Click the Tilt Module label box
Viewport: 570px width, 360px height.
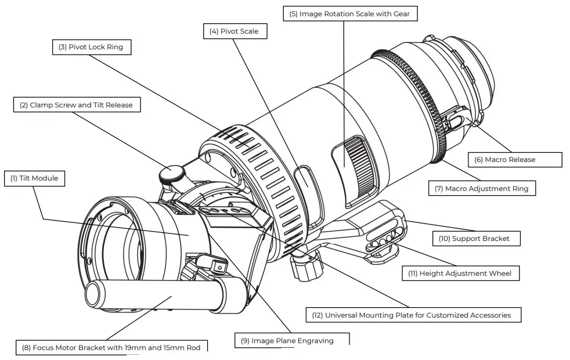(34, 178)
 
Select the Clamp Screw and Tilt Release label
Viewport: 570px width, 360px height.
(76, 105)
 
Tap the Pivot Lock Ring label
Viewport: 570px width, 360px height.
(91, 47)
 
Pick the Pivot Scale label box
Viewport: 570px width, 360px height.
(235, 31)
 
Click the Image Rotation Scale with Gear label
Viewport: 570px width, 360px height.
(350, 14)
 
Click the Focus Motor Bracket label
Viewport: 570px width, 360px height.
(111, 347)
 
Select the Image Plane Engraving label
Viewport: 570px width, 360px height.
(292, 340)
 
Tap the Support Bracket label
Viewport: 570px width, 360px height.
(476, 238)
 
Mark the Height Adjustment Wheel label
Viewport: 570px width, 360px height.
(460, 273)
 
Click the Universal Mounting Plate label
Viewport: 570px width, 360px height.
(413, 315)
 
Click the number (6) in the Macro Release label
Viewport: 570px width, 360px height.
(479, 159)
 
